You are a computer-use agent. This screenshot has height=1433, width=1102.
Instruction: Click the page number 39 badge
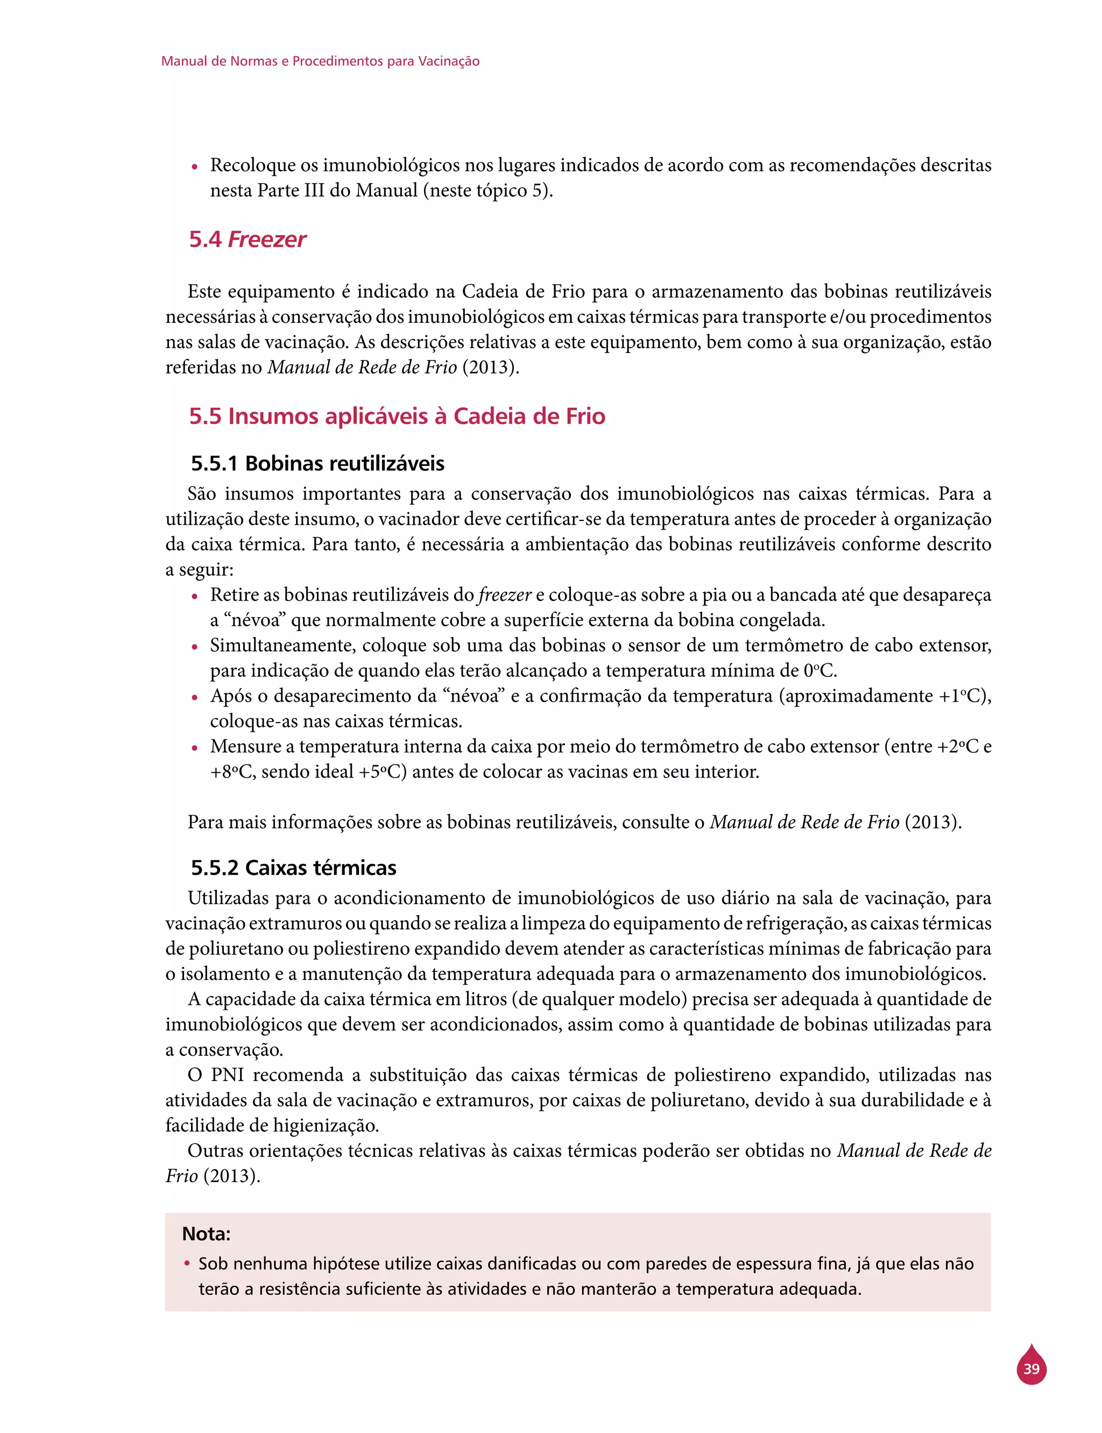1031,1369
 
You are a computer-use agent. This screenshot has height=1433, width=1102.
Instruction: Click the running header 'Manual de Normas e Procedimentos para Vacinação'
320,61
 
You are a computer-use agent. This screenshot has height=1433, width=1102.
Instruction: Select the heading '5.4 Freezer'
248,239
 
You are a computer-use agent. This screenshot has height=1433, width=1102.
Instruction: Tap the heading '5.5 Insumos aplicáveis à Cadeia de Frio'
397,416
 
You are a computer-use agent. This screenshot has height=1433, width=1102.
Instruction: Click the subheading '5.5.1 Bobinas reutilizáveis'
317,464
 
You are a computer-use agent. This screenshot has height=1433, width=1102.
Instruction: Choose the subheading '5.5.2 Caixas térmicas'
293,867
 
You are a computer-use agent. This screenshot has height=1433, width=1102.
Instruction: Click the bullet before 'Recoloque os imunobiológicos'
194,167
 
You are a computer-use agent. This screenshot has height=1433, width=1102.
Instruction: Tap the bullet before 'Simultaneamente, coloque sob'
194,647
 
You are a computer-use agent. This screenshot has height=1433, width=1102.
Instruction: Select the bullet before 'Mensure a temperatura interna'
194,749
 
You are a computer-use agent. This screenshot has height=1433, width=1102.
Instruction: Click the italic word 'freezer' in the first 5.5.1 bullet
504,595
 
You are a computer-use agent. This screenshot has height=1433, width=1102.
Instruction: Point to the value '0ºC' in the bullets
820,670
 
